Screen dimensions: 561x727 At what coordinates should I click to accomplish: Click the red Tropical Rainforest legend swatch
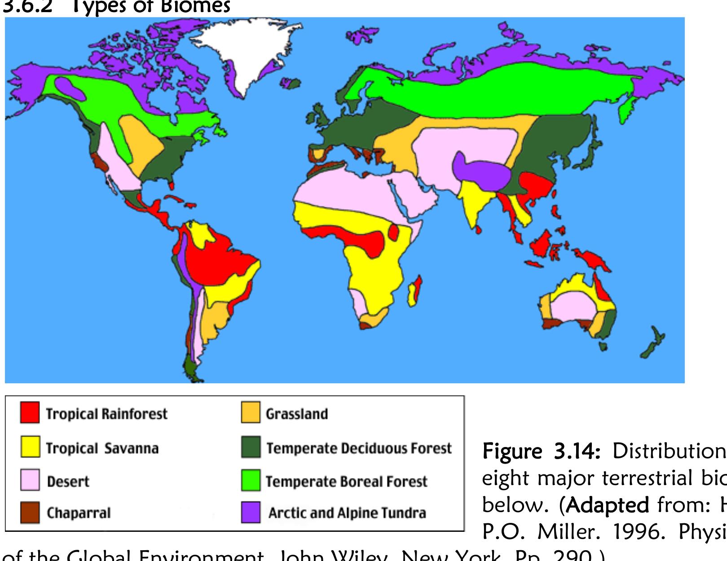click(x=30, y=413)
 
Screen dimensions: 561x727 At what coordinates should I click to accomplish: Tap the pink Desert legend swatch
click(x=30, y=480)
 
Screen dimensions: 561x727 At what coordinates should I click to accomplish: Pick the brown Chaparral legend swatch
click(x=30, y=513)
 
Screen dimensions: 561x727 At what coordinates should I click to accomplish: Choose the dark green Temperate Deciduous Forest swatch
click(x=250, y=447)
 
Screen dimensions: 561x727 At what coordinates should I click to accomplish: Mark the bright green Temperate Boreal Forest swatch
click(x=250, y=480)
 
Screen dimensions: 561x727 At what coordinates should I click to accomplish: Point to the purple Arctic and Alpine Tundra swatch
click(x=250, y=513)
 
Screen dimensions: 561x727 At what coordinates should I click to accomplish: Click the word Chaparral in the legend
click(x=79, y=513)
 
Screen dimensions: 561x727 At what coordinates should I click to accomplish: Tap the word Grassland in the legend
click(x=296, y=414)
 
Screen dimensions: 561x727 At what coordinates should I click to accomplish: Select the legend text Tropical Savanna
click(x=102, y=448)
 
